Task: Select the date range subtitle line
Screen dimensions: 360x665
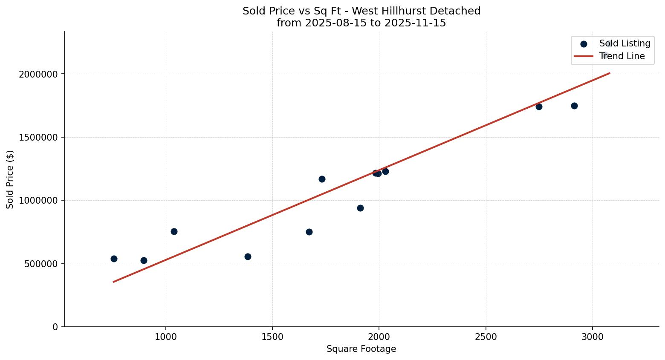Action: point(361,23)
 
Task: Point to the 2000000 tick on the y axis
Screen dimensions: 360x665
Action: point(38,74)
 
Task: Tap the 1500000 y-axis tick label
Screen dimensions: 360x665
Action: point(38,138)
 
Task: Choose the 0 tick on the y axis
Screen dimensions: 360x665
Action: point(55,327)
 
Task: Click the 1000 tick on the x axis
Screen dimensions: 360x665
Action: point(166,337)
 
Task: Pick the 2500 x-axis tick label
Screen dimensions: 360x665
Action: point(486,337)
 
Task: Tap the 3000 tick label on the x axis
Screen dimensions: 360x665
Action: point(593,337)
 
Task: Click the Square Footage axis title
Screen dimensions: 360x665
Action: point(361,349)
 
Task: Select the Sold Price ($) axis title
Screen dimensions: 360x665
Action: point(10,179)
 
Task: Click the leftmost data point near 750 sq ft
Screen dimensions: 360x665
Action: point(114,259)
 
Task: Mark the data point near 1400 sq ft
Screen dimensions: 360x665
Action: point(248,256)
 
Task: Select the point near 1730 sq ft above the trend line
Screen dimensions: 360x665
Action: point(322,179)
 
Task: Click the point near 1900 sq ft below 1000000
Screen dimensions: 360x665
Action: point(360,208)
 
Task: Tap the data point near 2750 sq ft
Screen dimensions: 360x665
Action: point(539,107)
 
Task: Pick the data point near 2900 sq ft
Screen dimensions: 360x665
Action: point(574,106)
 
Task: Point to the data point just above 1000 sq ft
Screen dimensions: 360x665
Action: point(174,231)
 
